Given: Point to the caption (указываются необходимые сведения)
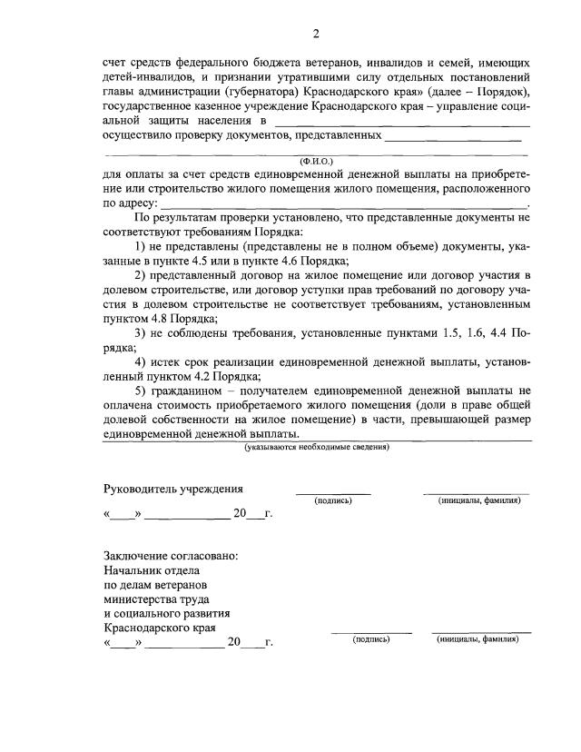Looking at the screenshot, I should pos(317,447).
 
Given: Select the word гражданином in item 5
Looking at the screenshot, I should pos(187,391).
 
